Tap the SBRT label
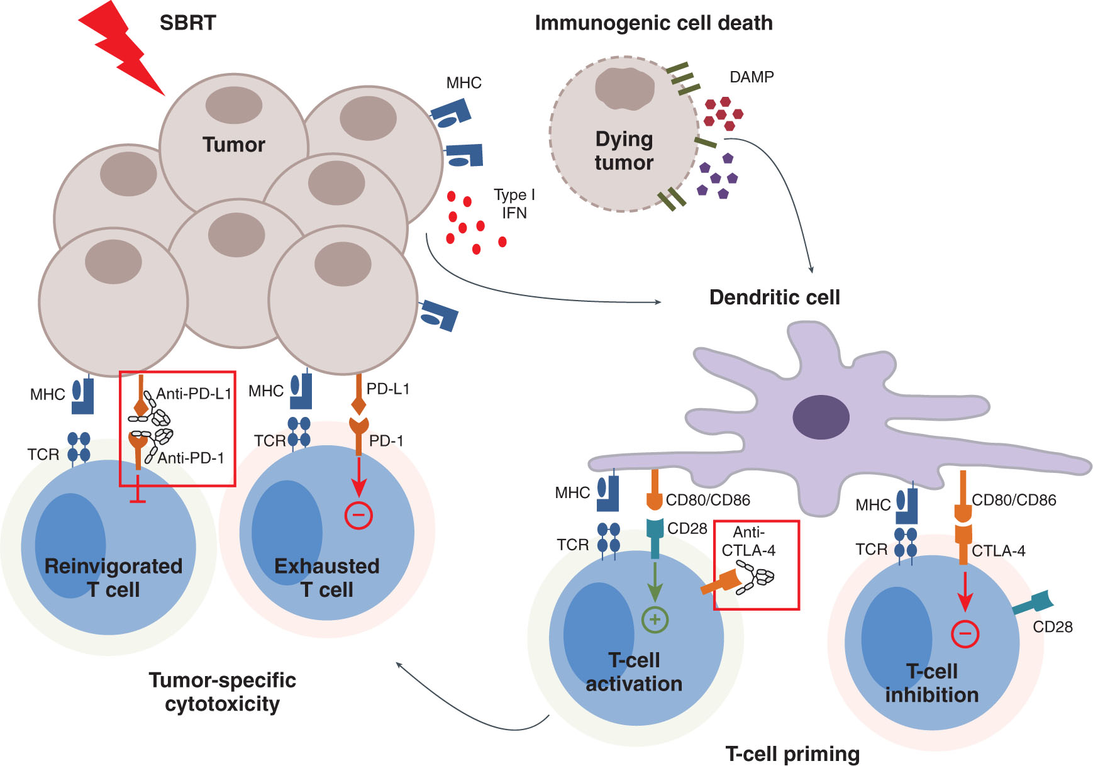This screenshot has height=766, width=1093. [x=187, y=23]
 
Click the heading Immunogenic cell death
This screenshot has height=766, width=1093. [x=653, y=23]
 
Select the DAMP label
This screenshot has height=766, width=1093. [x=752, y=77]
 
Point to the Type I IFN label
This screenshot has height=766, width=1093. [x=514, y=204]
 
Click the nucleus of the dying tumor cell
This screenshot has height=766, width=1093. [x=624, y=88]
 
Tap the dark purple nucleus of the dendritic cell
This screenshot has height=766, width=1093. [x=821, y=417]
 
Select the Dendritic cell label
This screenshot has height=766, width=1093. [x=774, y=297]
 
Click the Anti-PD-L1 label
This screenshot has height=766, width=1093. [x=194, y=394]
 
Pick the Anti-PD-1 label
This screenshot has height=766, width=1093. [x=191, y=458]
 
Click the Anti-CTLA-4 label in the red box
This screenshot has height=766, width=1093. [x=748, y=541]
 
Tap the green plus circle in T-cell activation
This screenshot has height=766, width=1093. [x=655, y=619]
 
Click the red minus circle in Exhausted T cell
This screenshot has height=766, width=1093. [x=358, y=516]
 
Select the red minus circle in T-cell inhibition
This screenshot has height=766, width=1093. [x=965, y=633]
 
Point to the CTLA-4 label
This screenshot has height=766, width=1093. [x=998, y=552]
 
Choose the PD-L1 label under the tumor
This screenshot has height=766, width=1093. [x=387, y=389]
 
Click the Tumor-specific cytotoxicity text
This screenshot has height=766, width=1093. [x=222, y=692]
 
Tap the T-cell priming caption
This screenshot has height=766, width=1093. [x=792, y=753]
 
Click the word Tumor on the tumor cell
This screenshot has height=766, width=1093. [x=233, y=145]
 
